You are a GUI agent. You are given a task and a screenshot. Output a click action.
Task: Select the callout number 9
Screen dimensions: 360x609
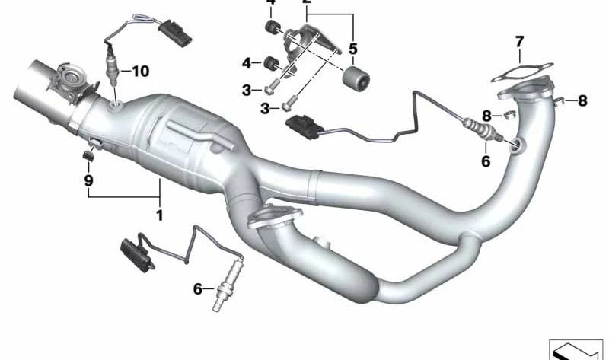(x=88, y=181)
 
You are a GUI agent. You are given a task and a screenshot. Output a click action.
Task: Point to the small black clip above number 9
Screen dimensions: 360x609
(x=88, y=157)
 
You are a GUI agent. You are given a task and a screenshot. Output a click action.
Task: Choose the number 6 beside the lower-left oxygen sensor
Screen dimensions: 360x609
(x=197, y=288)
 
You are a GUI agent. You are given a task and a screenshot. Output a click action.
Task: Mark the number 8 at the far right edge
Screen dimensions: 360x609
(x=582, y=100)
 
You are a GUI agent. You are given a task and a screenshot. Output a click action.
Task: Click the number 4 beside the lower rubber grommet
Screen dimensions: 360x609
(x=247, y=62)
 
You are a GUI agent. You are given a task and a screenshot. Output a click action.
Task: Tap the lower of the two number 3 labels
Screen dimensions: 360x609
(x=266, y=109)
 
